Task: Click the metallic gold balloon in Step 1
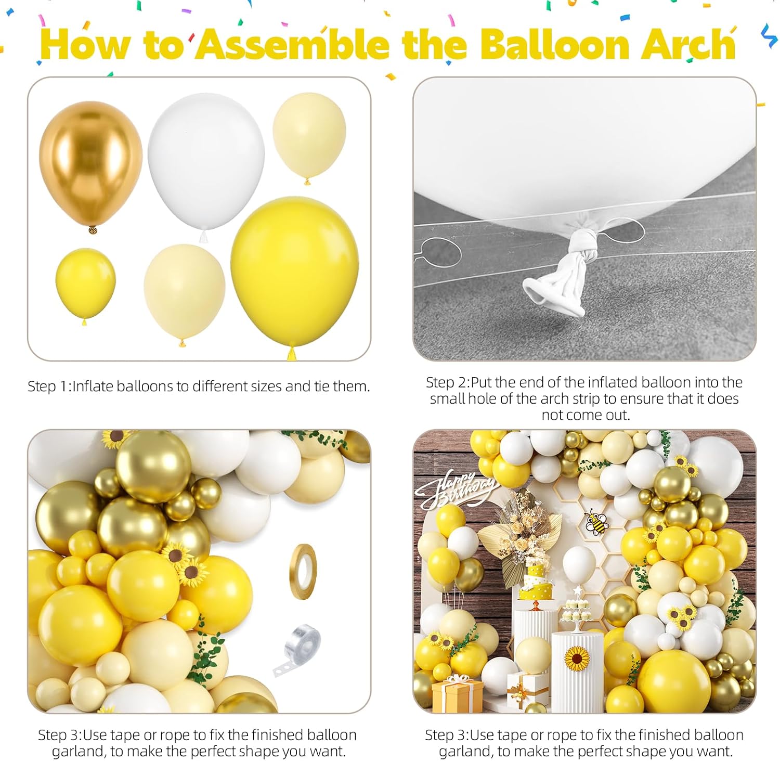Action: [x=91, y=161]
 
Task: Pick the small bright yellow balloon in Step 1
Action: [x=85, y=283]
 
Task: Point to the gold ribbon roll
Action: [x=302, y=571]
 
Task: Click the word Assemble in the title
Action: [x=294, y=45]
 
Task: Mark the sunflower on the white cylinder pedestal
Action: [x=577, y=659]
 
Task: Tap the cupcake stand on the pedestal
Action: [x=576, y=614]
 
